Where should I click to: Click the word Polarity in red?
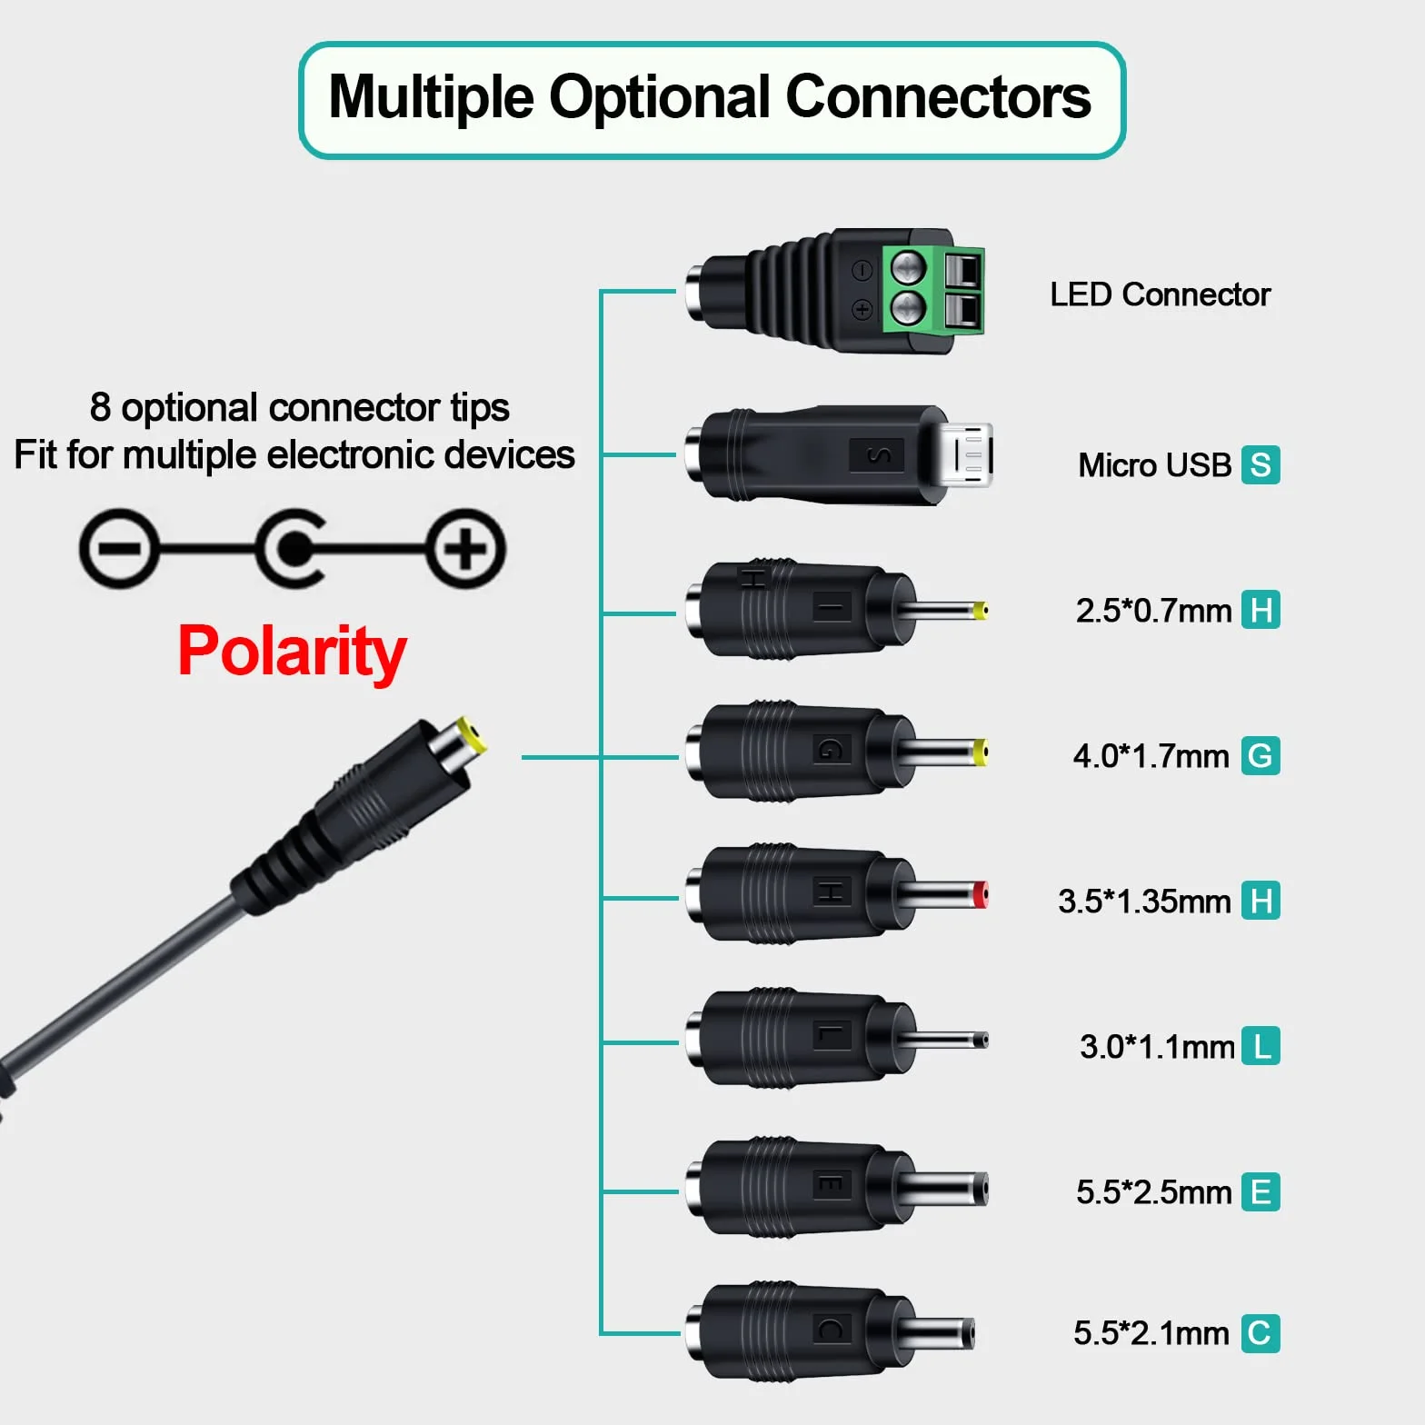pos(292,652)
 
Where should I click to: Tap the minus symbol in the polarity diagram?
pos(119,549)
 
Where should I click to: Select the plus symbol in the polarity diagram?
pos(466,549)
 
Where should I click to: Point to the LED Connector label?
pos(1160,294)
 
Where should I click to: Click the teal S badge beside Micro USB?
pos(1261,465)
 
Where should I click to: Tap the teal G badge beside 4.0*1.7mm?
pos(1261,756)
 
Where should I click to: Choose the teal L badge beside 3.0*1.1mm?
pos(1261,1046)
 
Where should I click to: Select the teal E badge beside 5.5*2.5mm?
pos(1261,1191)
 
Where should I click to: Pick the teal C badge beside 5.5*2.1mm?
pos(1261,1333)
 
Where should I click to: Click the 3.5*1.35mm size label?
pos(1144,902)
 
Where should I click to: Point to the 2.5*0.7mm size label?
pos(1153,611)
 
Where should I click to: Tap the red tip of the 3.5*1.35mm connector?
pos(980,896)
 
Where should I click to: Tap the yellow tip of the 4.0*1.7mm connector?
pos(981,752)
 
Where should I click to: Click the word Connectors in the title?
pos(938,97)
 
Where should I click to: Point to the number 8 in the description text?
pos(100,407)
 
